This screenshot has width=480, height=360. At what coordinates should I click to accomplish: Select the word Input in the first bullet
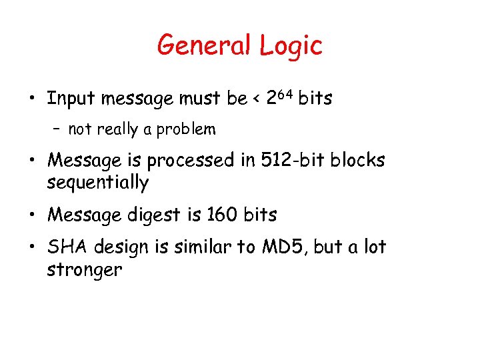(x=71, y=99)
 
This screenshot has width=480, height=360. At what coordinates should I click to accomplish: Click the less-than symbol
(x=257, y=100)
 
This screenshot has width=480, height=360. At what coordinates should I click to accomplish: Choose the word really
(x=119, y=129)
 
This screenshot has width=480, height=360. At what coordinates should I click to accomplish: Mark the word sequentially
(x=97, y=182)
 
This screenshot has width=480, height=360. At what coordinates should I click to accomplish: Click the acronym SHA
(x=64, y=247)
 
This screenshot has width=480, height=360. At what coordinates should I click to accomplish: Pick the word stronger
(x=84, y=269)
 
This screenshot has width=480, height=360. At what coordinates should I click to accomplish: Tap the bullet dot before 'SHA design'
(x=32, y=248)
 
